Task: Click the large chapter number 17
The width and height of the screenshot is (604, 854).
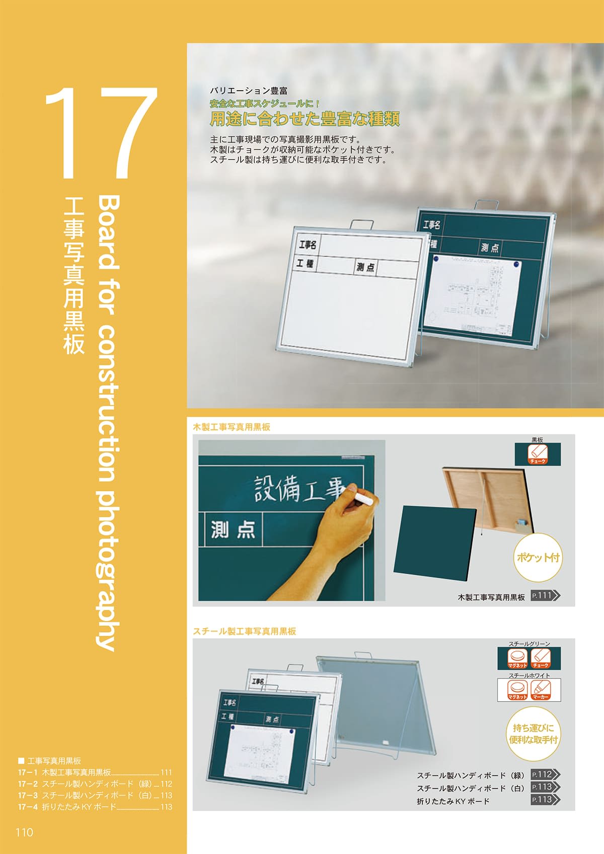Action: click(x=101, y=133)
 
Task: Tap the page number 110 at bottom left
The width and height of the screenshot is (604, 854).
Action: click(x=24, y=832)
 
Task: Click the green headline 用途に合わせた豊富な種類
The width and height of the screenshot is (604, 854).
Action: click(x=305, y=119)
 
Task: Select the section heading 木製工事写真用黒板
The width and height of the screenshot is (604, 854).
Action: click(x=232, y=427)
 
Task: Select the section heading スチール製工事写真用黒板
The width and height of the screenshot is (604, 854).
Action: click(x=245, y=631)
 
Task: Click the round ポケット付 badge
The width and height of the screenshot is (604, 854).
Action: click(x=538, y=558)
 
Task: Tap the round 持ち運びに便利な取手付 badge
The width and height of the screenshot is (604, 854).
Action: click(x=533, y=734)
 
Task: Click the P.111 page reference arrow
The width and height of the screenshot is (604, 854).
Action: click(x=546, y=596)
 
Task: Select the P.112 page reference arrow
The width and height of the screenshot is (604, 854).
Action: click(x=546, y=775)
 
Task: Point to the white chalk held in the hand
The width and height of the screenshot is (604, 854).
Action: click(x=365, y=499)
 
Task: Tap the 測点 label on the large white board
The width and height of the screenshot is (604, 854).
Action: click(x=365, y=267)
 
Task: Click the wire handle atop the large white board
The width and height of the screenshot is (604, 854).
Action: click(x=362, y=224)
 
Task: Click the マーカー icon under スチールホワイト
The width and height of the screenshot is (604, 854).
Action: click(x=541, y=690)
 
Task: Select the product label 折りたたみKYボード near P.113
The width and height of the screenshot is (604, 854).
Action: click(x=453, y=801)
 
